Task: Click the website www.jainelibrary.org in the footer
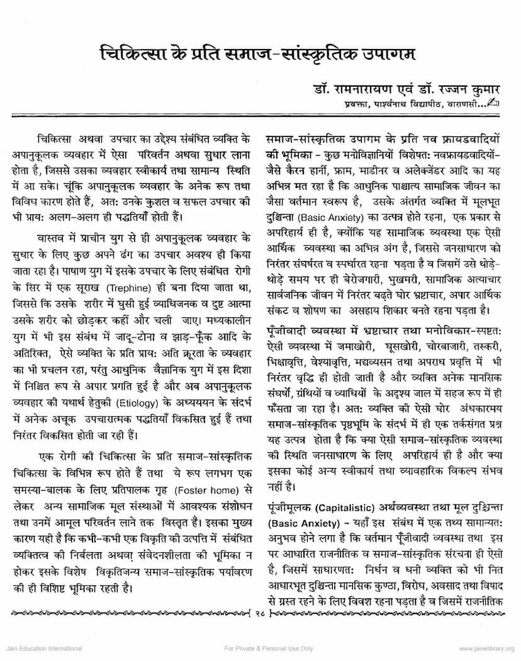pyautogui.click(x=486, y=647)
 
